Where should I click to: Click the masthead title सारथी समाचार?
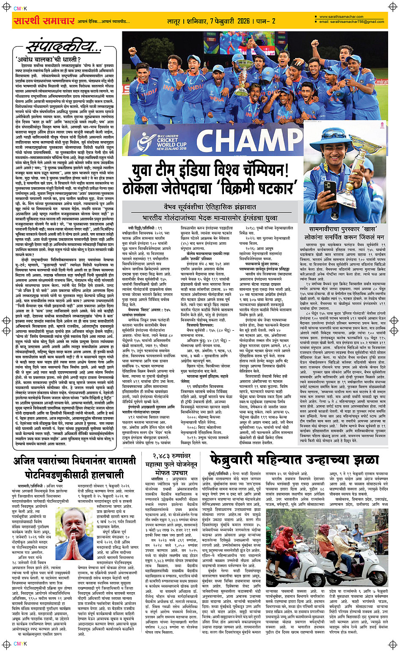pos(44,21)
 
